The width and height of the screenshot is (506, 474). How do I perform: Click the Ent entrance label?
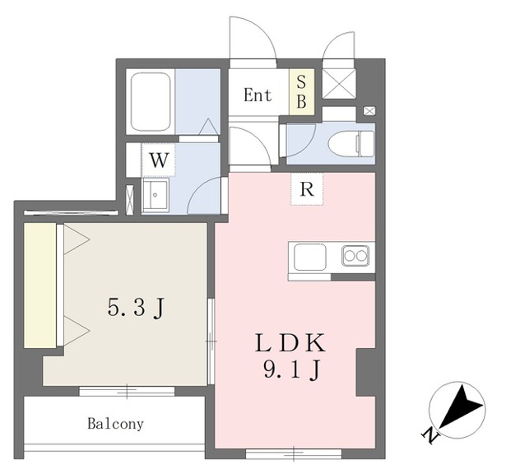pyautogui.click(x=258, y=95)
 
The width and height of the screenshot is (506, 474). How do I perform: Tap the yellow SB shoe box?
pyautogui.click(x=301, y=91)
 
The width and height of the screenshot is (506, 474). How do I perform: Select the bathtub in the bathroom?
pyautogui.click(x=151, y=102)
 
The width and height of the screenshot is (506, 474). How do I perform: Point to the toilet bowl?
pyautogui.click(x=350, y=144)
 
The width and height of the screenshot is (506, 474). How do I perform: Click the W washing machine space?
pyautogui.click(x=159, y=160)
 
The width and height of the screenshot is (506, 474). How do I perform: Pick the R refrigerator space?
pyautogui.click(x=307, y=189)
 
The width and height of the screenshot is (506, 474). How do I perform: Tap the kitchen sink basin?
pyautogui.click(x=310, y=258)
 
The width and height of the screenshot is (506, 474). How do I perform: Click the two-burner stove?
pyautogui.click(x=355, y=256)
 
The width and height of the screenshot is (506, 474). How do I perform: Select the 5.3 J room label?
pyautogui.click(x=137, y=308)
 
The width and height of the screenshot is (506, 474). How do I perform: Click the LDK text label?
pyautogui.click(x=290, y=343)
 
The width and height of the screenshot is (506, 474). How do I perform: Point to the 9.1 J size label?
pyautogui.click(x=292, y=369)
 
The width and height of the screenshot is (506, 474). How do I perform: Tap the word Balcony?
pyautogui.click(x=115, y=424)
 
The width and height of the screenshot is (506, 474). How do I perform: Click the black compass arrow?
pyautogui.click(x=460, y=408)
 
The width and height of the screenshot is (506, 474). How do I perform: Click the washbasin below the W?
pyautogui.click(x=156, y=196)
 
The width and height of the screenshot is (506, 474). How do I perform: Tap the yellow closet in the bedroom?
pyautogui.click(x=40, y=286)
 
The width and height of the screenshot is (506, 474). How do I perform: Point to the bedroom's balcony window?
pyautogui.click(x=127, y=391)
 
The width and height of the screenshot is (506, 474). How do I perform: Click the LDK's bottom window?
pyautogui.click(x=294, y=453)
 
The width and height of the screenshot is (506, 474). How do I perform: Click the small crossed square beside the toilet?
pyautogui.click(x=369, y=111)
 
